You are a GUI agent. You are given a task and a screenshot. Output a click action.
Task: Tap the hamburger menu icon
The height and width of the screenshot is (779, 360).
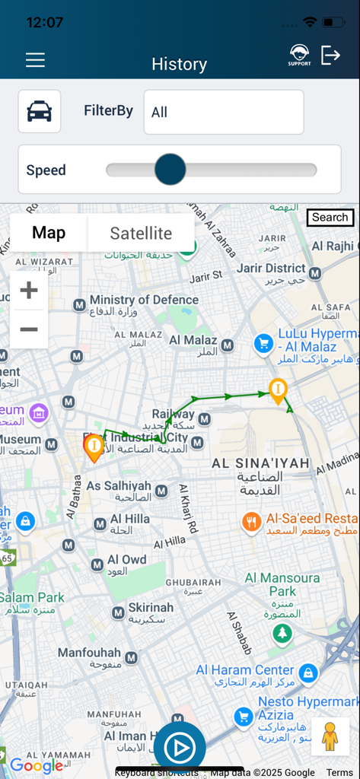coord(35,60)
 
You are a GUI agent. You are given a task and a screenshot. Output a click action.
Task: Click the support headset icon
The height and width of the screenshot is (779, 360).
coord(299,55)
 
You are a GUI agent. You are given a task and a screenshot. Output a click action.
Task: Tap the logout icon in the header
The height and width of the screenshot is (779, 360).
coord(330,55)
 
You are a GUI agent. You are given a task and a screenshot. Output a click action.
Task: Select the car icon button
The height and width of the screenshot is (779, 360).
coord(40,111)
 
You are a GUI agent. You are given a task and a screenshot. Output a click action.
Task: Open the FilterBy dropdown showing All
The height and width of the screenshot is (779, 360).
coord(223,112)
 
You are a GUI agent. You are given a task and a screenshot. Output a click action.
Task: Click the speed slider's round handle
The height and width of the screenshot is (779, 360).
coord(170,170)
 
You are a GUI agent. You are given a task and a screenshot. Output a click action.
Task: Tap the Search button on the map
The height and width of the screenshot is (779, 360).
coord(330,218)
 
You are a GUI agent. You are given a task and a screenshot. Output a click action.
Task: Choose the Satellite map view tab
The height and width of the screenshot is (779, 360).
coord(141,233)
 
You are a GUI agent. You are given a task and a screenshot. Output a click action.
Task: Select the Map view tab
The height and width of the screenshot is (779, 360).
coord(49,233)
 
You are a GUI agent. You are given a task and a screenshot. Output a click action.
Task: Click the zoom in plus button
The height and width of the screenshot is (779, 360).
coord(29,290)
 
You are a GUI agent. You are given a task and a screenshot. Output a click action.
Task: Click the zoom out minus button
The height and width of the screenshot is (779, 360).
coord(29,329)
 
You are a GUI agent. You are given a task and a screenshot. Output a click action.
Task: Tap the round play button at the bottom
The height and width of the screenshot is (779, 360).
coord(180,749)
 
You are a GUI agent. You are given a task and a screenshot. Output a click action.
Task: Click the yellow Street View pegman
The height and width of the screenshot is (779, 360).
coord(330,736)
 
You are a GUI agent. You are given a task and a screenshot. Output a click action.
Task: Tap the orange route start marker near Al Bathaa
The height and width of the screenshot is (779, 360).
coord(94,447)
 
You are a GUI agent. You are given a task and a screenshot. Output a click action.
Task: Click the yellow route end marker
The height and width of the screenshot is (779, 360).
coord(279,391)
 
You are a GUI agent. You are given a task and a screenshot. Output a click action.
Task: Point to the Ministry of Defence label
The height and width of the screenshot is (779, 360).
coord(144,300)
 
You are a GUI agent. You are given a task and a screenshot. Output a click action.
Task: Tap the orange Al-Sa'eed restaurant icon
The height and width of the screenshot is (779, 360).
coord(252,521)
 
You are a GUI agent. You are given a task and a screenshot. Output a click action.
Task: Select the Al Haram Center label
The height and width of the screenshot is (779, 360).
coord(245,670)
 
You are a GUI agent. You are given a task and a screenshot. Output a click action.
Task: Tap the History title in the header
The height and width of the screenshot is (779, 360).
coord(180,64)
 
